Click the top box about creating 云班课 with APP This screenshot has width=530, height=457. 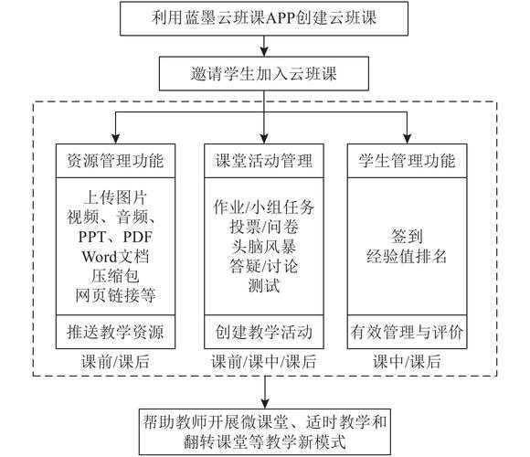pyautogui.click(x=265, y=17)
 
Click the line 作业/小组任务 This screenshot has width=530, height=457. pyautogui.click(x=264, y=206)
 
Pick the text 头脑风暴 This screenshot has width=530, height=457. pyautogui.click(x=264, y=246)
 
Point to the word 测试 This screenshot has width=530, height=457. pyautogui.click(x=264, y=285)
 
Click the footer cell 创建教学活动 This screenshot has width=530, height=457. pyautogui.click(x=264, y=330)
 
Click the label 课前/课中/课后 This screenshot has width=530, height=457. pyautogui.click(x=264, y=362)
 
